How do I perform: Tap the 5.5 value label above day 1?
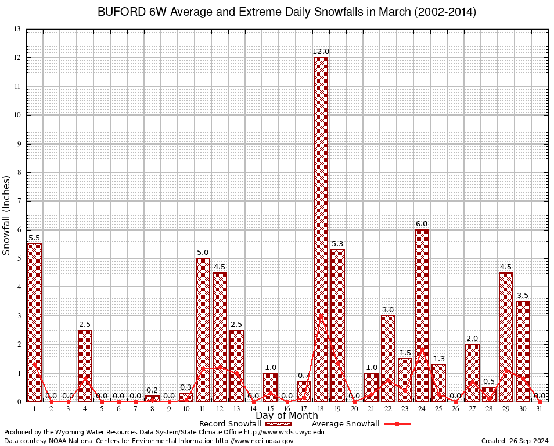click(x=34, y=238)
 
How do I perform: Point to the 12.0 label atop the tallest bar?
click(x=321, y=52)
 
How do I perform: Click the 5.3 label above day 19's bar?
click(x=337, y=244)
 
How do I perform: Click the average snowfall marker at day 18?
click(x=321, y=316)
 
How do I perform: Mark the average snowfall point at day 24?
click(x=422, y=350)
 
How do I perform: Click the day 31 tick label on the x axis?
click(x=539, y=409)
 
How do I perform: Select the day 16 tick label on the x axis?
click(x=287, y=409)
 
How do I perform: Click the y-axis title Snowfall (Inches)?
click(x=7, y=215)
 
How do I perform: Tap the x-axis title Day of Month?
click(x=287, y=416)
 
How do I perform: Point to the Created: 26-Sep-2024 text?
click(x=515, y=441)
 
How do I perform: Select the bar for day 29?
click(x=506, y=337)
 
